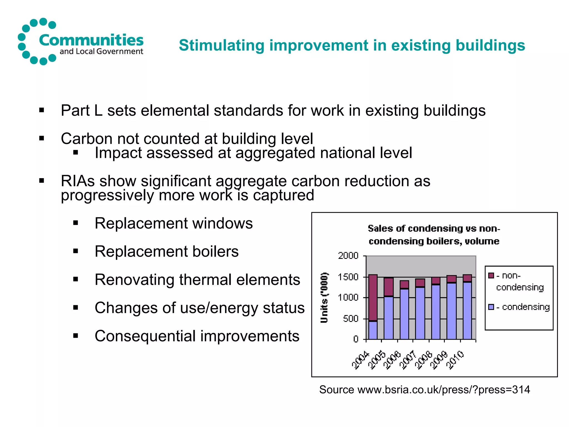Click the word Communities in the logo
tap(91, 40)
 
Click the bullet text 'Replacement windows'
tap(174, 223)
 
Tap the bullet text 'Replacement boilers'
tap(166, 252)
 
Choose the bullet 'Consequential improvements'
tap(197, 336)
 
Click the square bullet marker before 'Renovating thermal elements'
tap(76, 279)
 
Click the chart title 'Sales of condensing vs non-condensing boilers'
tap(434, 235)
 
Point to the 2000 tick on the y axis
tap(348, 255)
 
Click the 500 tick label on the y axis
tap(351, 319)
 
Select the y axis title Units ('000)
tap(324, 298)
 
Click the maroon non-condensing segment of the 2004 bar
tap(373, 297)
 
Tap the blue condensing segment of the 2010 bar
tap(467, 311)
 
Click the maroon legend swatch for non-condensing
tap(491, 275)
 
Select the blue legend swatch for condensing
tap(491, 307)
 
